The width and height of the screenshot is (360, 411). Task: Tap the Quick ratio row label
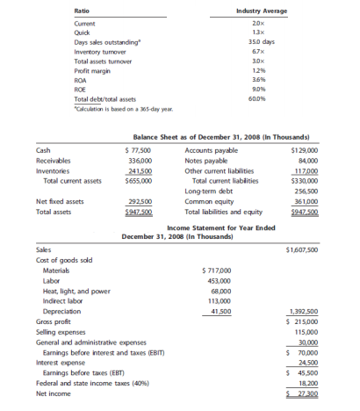click(x=83, y=32)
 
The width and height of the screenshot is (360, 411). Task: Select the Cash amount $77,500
click(x=139, y=150)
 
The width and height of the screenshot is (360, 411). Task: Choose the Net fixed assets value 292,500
click(x=140, y=201)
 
